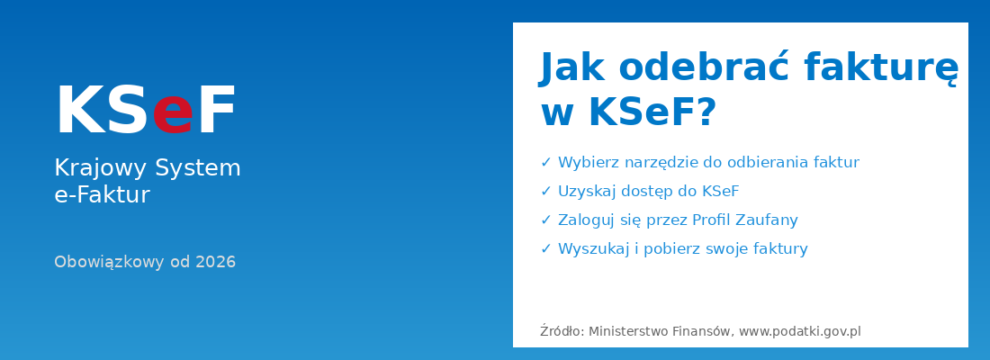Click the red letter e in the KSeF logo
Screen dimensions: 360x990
click(173, 114)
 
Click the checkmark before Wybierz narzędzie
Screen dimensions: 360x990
click(545, 163)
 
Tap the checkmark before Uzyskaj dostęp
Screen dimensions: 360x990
click(545, 192)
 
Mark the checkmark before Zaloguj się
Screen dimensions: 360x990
click(545, 220)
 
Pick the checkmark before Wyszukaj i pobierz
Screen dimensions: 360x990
click(545, 249)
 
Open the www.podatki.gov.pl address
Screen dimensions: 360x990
click(800, 331)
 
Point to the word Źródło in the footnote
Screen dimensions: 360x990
click(562, 331)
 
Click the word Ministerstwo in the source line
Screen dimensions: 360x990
click(629, 331)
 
